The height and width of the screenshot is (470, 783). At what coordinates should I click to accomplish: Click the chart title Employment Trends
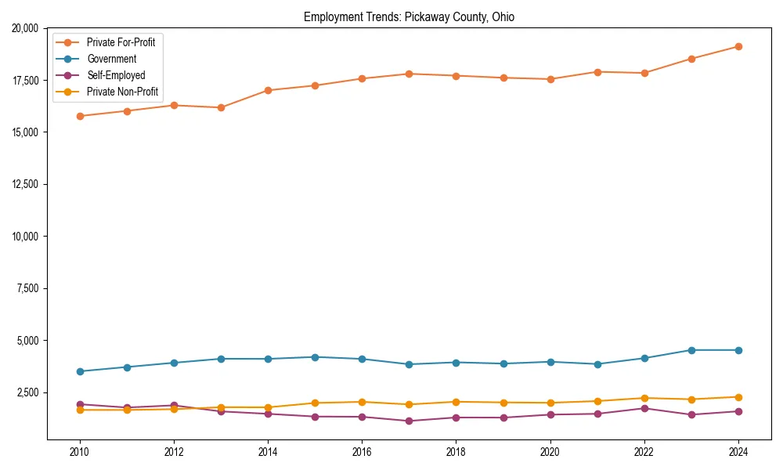click(x=409, y=16)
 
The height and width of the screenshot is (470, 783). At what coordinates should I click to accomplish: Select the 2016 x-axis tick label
click(x=362, y=452)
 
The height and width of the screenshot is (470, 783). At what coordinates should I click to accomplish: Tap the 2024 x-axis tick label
click(x=738, y=452)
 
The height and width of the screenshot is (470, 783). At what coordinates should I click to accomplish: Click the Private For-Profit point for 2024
click(x=738, y=46)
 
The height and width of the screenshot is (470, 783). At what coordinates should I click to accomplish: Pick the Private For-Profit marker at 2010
click(x=79, y=116)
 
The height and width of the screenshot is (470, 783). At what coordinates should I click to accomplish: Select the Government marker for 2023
click(x=691, y=350)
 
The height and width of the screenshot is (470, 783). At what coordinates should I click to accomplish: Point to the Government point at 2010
click(x=79, y=371)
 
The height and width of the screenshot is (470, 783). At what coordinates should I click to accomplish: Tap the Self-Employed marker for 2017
click(x=409, y=421)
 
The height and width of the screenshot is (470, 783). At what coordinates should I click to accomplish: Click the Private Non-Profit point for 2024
click(x=738, y=397)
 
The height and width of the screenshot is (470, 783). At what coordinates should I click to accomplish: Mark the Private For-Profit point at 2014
click(x=268, y=90)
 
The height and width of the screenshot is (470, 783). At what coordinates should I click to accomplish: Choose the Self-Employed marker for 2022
click(x=644, y=408)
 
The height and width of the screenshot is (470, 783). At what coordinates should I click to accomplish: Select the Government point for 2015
click(x=315, y=357)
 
